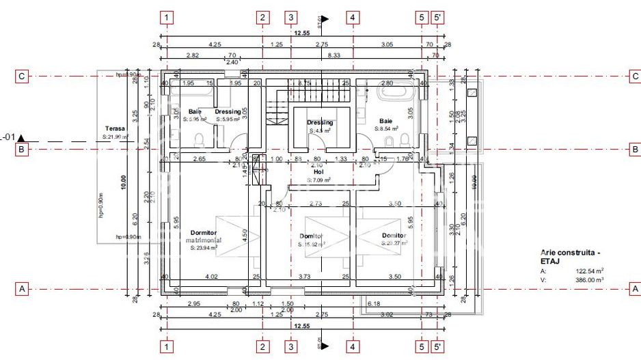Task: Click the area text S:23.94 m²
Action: [204, 248]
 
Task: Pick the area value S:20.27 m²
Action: [394, 243]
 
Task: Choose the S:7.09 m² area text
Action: [318, 180]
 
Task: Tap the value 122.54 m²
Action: [590, 271]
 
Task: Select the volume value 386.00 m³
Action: [590, 279]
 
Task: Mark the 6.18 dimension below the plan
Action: [374, 303]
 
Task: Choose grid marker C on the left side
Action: [22, 77]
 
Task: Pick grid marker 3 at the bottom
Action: [291, 346]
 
